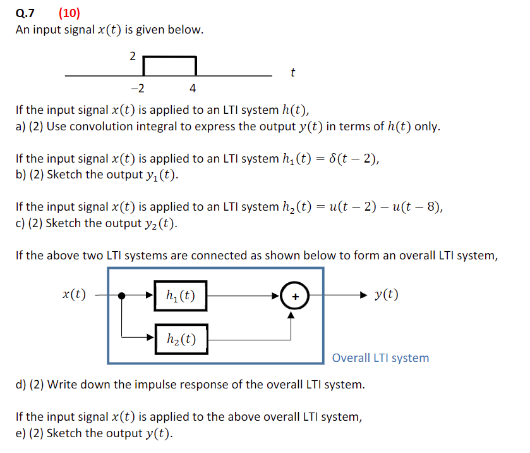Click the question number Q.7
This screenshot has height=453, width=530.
pos(25,13)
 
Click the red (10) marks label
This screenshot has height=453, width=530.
pos(69,13)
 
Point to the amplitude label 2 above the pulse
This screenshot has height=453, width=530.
pos(133,56)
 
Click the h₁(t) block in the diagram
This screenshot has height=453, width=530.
pos(181,295)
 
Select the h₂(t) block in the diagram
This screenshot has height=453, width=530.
pos(181,339)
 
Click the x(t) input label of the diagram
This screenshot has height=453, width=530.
pos(75,294)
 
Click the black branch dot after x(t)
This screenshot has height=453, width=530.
pos(123,295)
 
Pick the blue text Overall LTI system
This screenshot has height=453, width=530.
pos(380,358)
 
